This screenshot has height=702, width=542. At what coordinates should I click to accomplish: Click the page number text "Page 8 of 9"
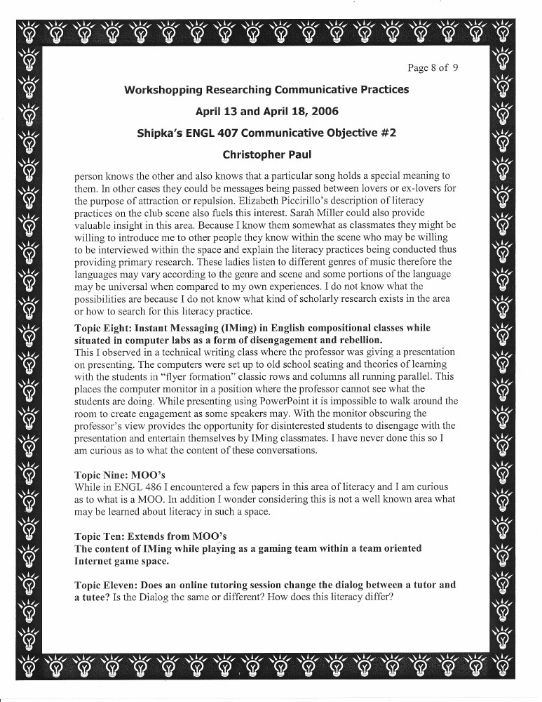click(433, 68)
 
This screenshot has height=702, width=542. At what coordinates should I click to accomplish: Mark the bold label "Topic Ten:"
click(101, 536)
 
